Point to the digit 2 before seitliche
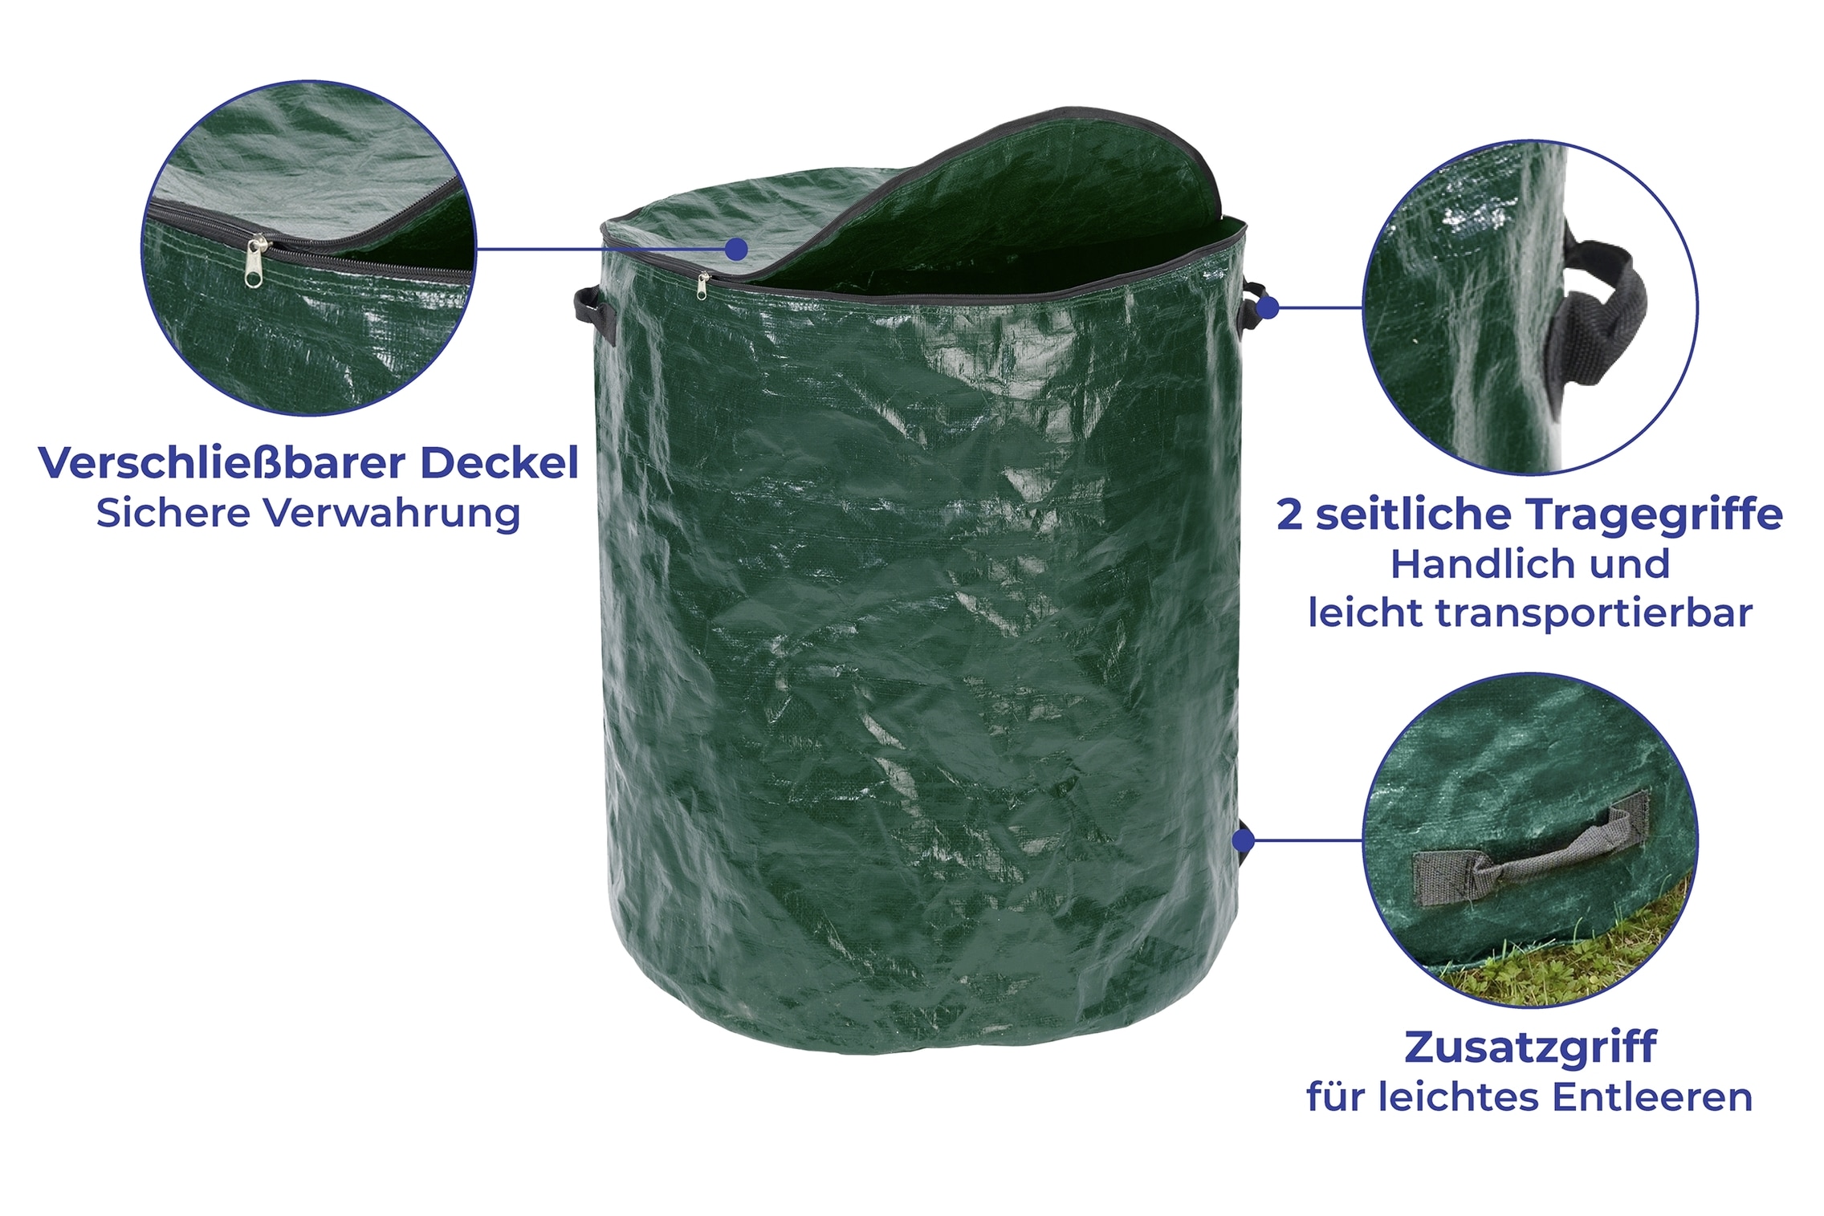pyautogui.click(x=1289, y=514)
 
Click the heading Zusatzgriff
pyautogui.click(x=1530, y=1047)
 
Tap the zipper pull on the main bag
pyautogui.click(x=703, y=286)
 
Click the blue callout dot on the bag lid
pyautogui.click(x=736, y=250)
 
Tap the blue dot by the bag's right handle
pyautogui.click(x=1268, y=307)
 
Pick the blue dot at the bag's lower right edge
pyautogui.click(x=1243, y=840)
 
